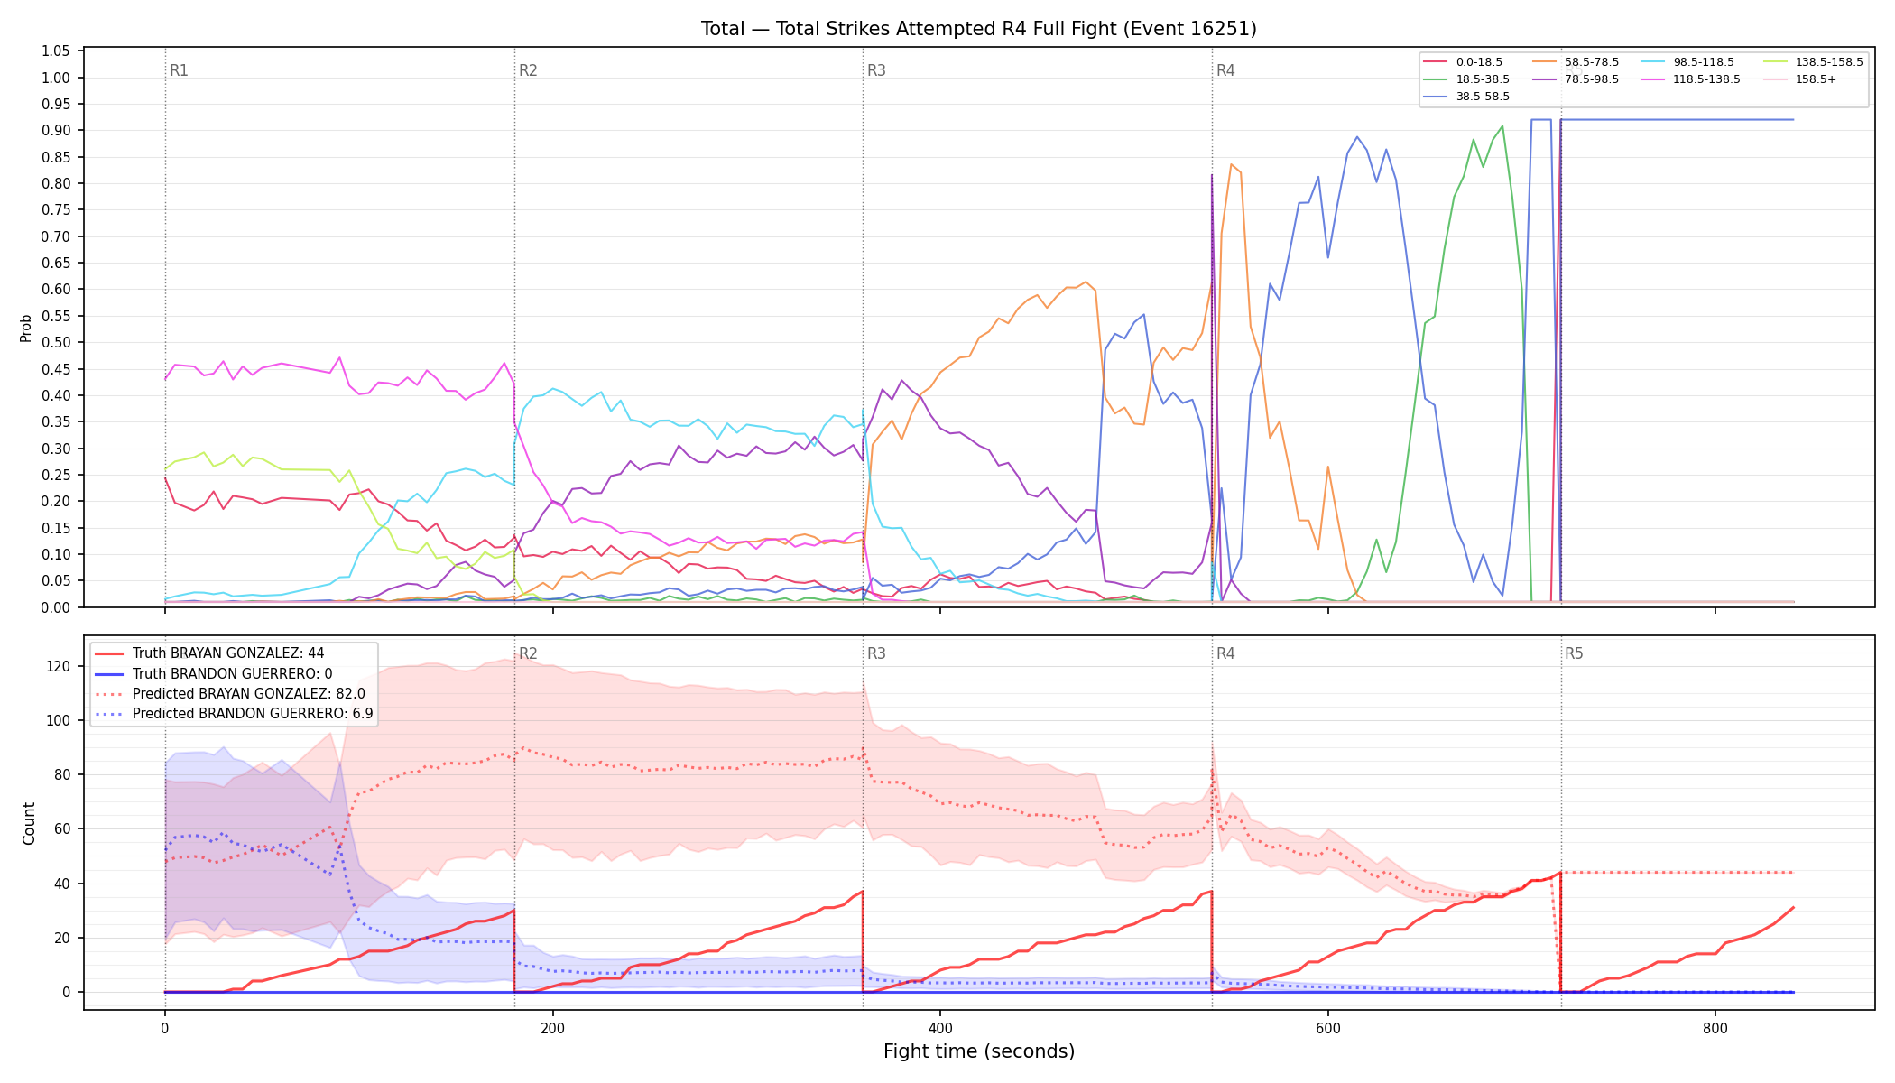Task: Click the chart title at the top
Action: [978, 29]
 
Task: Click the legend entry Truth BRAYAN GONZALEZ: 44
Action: [228, 653]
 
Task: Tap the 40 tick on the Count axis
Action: [62, 884]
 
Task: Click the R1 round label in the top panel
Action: [179, 70]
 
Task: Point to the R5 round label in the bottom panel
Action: [1574, 653]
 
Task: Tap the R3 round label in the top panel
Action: [876, 70]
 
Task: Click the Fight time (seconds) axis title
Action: [979, 1051]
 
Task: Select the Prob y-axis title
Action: [26, 328]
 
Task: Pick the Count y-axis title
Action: [29, 823]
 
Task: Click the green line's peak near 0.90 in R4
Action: [1502, 126]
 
